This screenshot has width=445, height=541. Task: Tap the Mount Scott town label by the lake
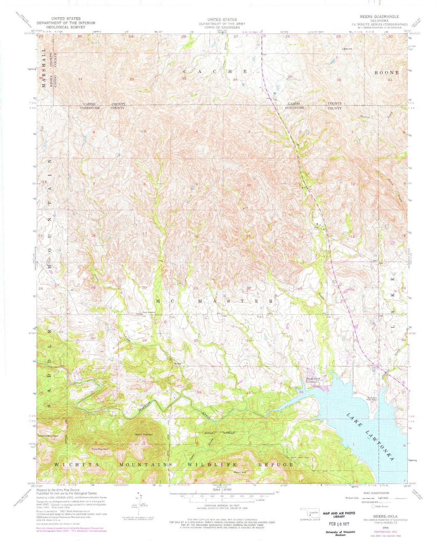pyautogui.click(x=313, y=378)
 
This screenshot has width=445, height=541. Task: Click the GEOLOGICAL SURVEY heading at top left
pyautogui.click(x=66, y=27)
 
